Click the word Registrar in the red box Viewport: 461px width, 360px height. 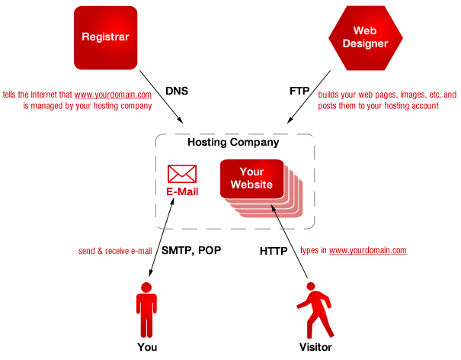[x=105, y=37]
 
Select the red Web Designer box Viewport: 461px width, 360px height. [x=365, y=37]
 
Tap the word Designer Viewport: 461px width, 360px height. [x=365, y=43]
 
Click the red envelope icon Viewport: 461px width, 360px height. [x=182, y=173]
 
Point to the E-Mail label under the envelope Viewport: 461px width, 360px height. [x=182, y=191]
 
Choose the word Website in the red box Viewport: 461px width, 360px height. [x=251, y=185]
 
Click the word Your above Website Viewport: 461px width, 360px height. [x=251, y=172]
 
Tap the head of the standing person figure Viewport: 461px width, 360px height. [x=146, y=288]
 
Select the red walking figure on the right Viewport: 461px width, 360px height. [x=316, y=311]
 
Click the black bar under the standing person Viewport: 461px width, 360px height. [x=146, y=347]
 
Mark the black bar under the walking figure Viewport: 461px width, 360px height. [x=315, y=347]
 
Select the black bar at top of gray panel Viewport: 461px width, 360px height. [x=234, y=142]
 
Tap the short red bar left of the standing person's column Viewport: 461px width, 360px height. [x=114, y=251]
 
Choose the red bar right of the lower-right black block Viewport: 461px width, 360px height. [x=354, y=250]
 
